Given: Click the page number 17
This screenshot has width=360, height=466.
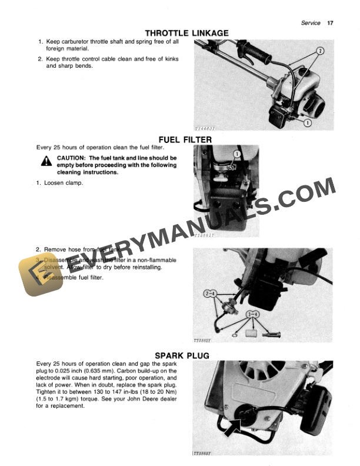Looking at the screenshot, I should (330, 23).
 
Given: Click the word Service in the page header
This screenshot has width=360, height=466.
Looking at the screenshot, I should (311, 23).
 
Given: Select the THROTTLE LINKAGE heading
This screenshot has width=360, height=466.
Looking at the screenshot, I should (187, 34).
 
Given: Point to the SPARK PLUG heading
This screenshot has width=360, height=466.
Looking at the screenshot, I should (182, 355).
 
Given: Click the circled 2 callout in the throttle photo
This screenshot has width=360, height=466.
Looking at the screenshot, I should (320, 51).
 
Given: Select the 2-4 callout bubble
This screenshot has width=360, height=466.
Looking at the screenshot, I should (210, 293).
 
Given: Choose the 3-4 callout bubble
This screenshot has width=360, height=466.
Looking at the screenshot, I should (254, 314).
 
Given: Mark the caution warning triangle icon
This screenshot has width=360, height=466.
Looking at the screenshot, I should (46, 162).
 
